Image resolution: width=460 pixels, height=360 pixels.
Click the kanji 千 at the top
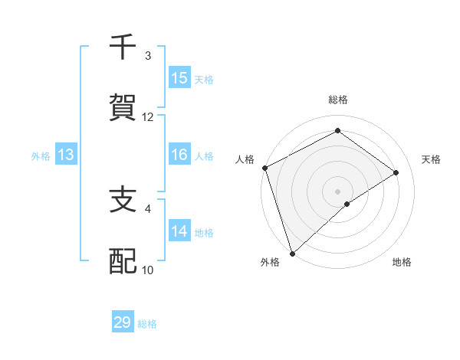coord(123,47)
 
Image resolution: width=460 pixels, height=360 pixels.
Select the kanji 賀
coord(123,107)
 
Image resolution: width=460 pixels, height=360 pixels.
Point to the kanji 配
coord(123,260)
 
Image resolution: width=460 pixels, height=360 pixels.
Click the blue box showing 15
coord(179,77)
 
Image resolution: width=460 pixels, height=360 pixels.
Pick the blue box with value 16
coord(179,155)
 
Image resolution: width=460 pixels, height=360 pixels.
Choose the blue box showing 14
coord(179,231)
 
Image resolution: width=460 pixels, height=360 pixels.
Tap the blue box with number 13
coord(66,155)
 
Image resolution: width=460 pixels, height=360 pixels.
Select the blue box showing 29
coord(123,322)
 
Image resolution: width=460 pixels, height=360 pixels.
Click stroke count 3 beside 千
coord(148,56)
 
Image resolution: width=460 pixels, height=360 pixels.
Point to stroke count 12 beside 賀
coord(148,117)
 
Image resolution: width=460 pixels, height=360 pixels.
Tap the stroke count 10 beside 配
coord(148,270)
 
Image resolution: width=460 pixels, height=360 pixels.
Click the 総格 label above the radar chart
coord(338,100)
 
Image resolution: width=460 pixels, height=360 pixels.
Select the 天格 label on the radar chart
coord(432,159)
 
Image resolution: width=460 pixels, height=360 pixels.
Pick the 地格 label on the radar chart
coord(402,262)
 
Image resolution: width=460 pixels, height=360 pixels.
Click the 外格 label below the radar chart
coord(270,262)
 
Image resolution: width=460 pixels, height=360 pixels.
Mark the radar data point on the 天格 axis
coord(396,172)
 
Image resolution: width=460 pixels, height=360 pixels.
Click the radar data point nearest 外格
coord(291,253)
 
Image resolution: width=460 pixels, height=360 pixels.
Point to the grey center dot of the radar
coord(337,191)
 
